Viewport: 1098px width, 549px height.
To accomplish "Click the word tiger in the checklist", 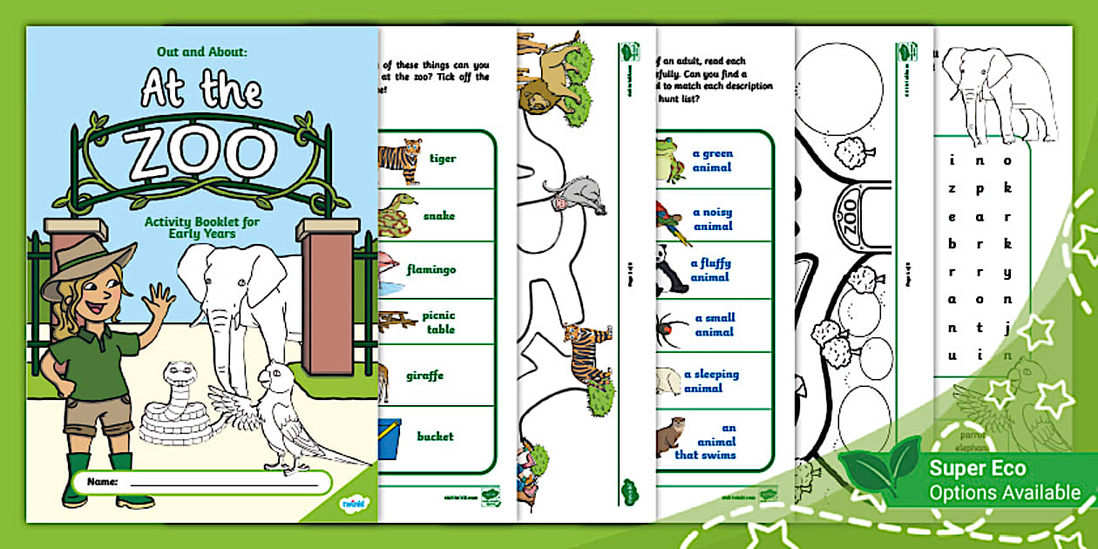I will point(443,159).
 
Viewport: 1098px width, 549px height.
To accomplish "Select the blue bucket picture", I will point(390,436).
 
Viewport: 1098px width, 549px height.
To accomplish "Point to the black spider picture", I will point(670,326).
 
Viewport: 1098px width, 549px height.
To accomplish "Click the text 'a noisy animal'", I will point(712,219).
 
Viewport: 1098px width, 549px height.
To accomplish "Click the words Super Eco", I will point(978,468).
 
